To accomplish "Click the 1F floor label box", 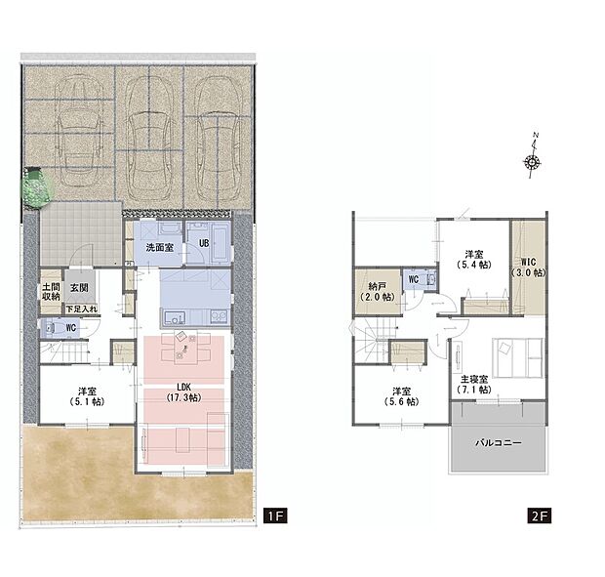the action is pyautogui.click(x=275, y=515).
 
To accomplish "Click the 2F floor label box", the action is pyautogui.click(x=539, y=515).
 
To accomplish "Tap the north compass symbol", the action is pyautogui.click(x=533, y=155).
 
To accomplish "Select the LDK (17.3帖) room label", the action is pyautogui.click(x=183, y=392).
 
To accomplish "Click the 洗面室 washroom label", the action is pyautogui.click(x=159, y=247).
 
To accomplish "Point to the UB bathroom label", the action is pyautogui.click(x=204, y=243).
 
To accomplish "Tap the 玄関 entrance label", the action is pyautogui.click(x=79, y=288).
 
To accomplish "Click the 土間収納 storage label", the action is pyautogui.click(x=52, y=292).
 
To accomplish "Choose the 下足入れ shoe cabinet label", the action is pyautogui.click(x=81, y=309).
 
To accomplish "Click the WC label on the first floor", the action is pyautogui.click(x=71, y=328).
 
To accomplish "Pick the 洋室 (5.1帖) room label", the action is pyautogui.click(x=87, y=396).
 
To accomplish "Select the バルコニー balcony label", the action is pyautogui.click(x=498, y=442).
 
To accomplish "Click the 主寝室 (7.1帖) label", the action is pyautogui.click(x=474, y=385).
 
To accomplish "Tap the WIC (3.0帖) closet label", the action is pyautogui.click(x=528, y=268).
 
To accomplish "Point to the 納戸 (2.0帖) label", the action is pyautogui.click(x=377, y=291).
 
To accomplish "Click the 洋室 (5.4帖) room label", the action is pyautogui.click(x=474, y=260).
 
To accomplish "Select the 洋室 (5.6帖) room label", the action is pyautogui.click(x=402, y=396).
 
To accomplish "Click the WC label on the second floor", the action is pyautogui.click(x=413, y=279).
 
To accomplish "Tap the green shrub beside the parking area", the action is pyautogui.click(x=37, y=187).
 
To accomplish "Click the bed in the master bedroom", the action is pyautogui.click(x=518, y=357).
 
